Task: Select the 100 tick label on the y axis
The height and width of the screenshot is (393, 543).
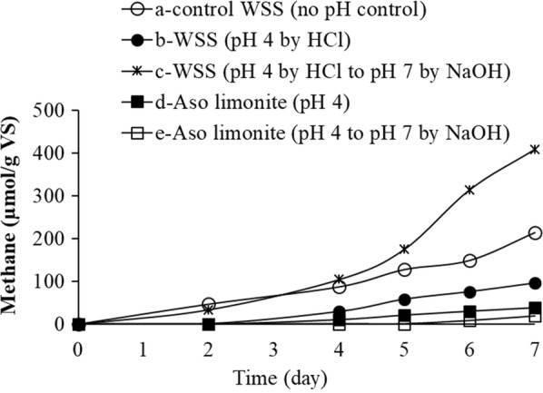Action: click(49, 281)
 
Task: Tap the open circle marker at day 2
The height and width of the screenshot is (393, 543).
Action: click(209, 305)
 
